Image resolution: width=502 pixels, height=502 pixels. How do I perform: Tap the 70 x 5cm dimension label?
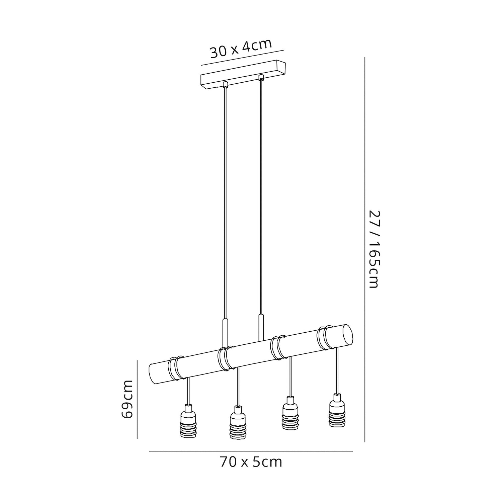tap(251, 462)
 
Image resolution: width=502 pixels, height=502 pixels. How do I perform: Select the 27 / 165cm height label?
tap(373, 249)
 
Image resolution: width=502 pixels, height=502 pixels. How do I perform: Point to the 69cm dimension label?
tap(128, 399)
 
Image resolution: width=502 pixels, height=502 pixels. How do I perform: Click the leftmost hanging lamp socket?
tap(188, 421)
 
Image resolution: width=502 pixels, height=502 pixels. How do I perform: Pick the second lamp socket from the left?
tap(238, 423)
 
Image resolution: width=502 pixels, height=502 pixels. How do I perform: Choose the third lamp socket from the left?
tap(290, 413)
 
